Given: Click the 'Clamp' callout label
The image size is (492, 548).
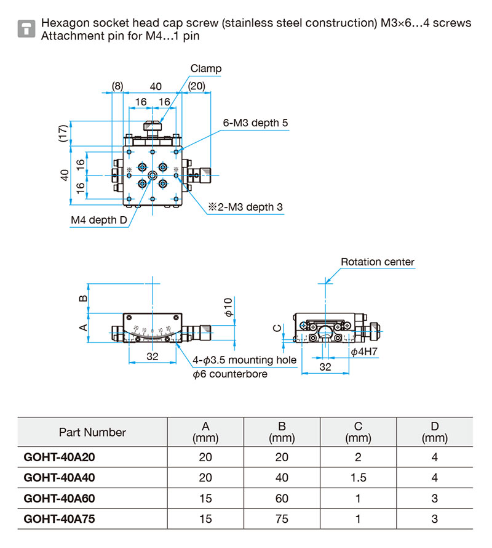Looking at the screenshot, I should [205, 69].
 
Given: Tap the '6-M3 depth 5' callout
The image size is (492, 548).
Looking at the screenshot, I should [255, 123].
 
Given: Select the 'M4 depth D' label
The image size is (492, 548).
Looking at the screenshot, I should [98, 220].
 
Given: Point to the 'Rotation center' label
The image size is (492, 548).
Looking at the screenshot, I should [378, 262].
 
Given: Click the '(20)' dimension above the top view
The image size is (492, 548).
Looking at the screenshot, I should [197, 86].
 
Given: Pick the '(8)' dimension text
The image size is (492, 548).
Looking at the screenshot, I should [117, 86].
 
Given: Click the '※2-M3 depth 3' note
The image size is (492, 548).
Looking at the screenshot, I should [244, 208].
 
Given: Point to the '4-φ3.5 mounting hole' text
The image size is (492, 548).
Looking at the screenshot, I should [244, 360].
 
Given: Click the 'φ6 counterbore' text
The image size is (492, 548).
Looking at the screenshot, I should [230, 374].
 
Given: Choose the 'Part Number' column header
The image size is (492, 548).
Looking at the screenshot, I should [92, 432].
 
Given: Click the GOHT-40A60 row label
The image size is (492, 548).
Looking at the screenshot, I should [59, 498].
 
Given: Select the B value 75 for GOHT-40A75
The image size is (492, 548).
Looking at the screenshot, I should [282, 519].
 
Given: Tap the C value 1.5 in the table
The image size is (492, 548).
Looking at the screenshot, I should [359, 478].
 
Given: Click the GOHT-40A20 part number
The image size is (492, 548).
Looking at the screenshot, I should [59, 457].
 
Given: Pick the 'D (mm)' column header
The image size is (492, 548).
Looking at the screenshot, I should [435, 432].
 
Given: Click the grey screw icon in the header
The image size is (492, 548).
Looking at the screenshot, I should [26, 28].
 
